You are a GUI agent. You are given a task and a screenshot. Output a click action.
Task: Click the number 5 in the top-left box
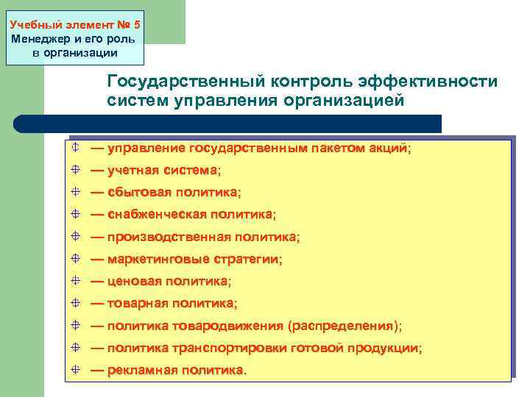pyautogui.click(x=136, y=24)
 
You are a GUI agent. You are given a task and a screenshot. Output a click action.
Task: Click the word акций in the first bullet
pyautogui.click(x=391, y=149)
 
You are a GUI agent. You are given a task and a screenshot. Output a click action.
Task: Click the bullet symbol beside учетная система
pyautogui.click(x=77, y=171)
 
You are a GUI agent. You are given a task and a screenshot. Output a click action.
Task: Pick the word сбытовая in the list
pyautogui.click(x=139, y=193)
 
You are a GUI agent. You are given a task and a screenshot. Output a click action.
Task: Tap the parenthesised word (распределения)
pyautogui.click(x=343, y=326)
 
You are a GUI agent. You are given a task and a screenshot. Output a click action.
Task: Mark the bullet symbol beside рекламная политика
pyautogui.click(x=77, y=370)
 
